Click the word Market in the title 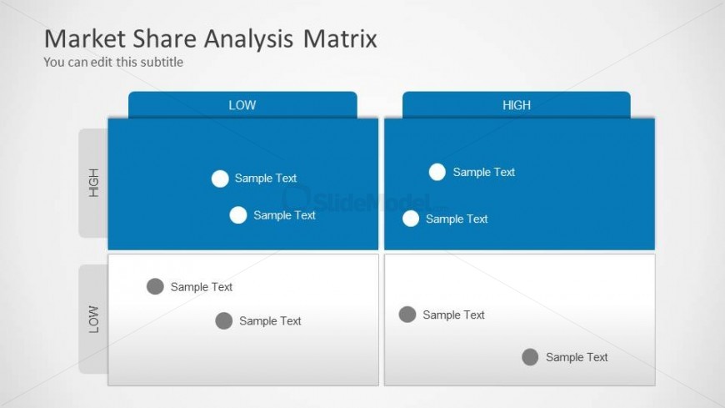(85, 38)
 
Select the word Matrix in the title (340, 38)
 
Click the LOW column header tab (242, 104)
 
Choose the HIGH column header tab (517, 104)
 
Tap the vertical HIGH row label (94, 183)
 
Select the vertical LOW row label (94, 319)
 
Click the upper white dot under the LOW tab (220, 179)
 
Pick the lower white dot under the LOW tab (238, 215)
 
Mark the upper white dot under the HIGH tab (437, 172)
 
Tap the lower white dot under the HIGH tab (411, 219)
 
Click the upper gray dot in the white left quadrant (155, 287)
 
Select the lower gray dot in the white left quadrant (224, 321)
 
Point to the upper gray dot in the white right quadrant (407, 315)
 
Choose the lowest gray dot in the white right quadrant (530, 357)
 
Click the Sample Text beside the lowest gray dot (577, 357)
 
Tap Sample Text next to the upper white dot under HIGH (483, 172)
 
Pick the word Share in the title (165, 38)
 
